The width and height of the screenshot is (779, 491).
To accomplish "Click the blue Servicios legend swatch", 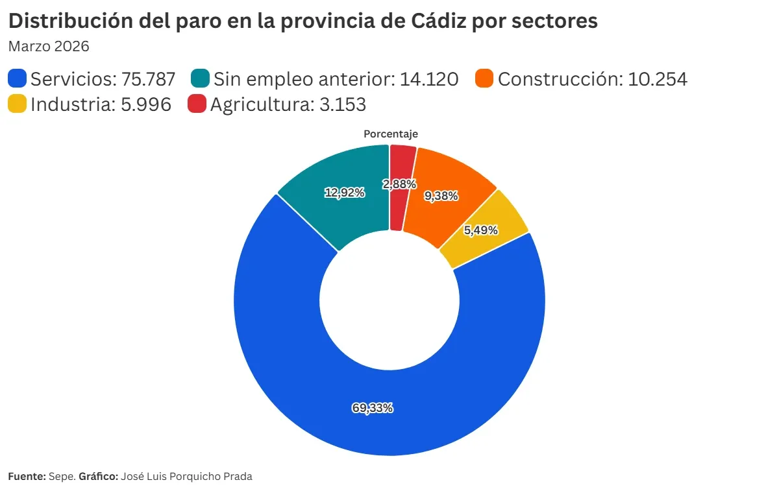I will click(x=18, y=79).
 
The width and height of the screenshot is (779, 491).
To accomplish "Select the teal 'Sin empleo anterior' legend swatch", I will click(x=201, y=79).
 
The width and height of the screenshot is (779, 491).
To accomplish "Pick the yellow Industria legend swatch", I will click(x=18, y=104).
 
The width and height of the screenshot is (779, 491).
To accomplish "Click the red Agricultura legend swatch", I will click(x=197, y=104).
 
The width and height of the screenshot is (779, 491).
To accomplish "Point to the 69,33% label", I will click(x=373, y=408).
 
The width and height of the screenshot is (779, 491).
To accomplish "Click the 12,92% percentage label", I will click(x=345, y=193).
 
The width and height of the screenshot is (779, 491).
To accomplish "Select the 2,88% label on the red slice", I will click(x=399, y=184).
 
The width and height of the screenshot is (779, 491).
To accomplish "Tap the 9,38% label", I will click(x=441, y=196).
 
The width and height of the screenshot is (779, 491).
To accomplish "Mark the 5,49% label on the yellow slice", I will click(x=481, y=230).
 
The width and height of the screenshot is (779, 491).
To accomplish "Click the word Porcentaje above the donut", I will click(x=390, y=134).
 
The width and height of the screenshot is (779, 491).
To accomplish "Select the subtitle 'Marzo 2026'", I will click(x=48, y=47).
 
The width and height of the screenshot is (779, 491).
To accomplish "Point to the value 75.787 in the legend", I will click(x=149, y=79).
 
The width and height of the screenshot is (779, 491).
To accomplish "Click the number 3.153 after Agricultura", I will click(x=343, y=104).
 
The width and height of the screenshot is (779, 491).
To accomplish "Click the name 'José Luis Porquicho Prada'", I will click(x=186, y=476).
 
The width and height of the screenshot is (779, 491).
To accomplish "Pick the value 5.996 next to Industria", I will click(x=146, y=104).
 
